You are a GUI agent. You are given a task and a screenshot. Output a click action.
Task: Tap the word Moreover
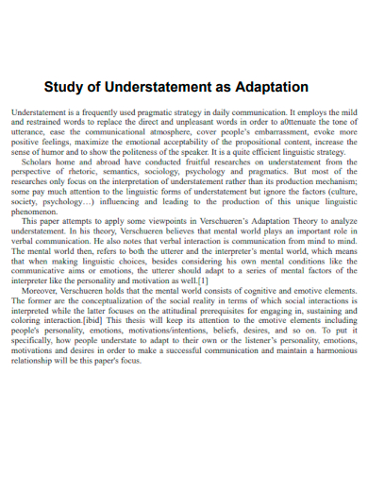[x=42, y=291]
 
